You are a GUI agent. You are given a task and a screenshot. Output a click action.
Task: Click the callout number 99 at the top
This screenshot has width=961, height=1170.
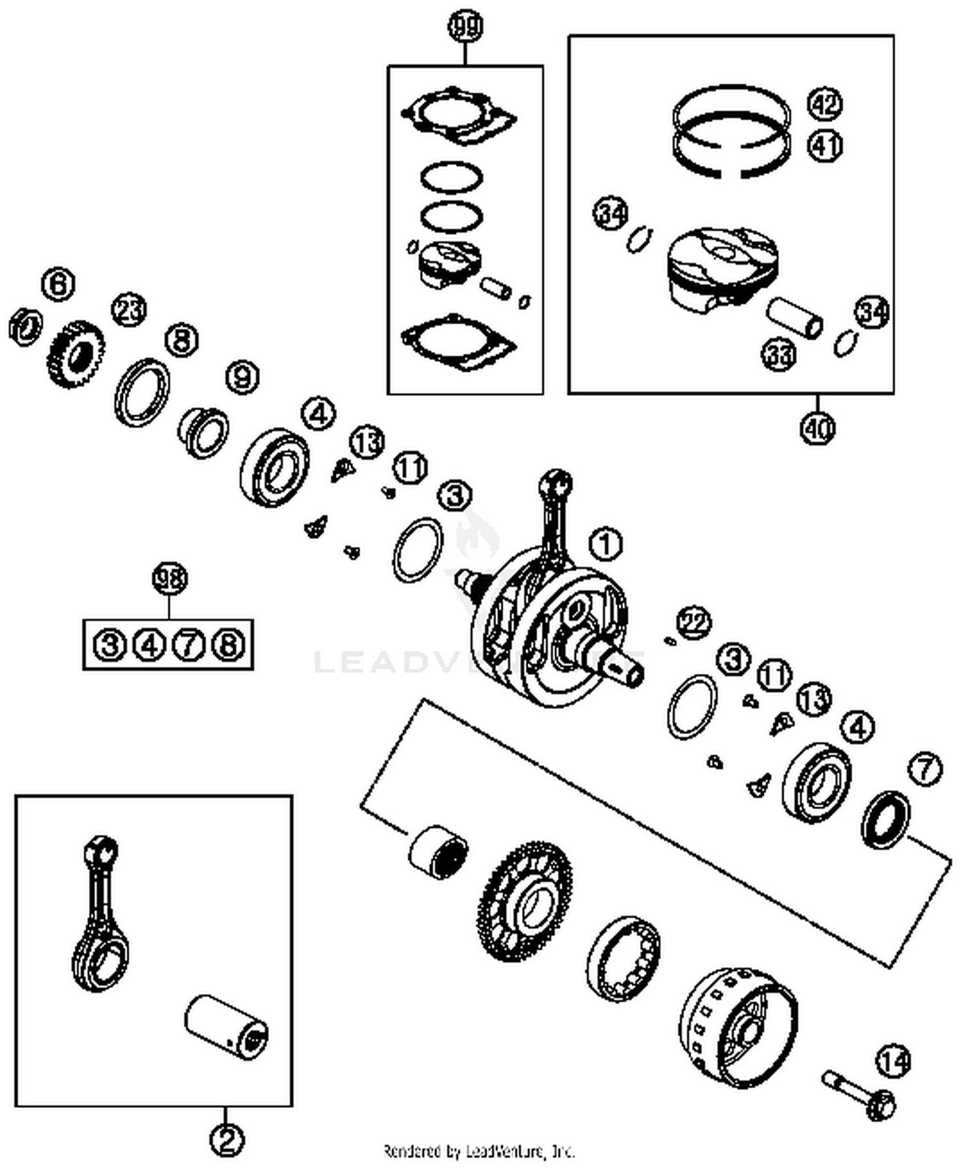point(464,28)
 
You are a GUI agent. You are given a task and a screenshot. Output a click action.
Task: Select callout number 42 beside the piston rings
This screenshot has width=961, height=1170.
point(825,104)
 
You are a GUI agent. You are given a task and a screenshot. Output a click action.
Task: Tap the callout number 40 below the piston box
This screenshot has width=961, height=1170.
point(817,428)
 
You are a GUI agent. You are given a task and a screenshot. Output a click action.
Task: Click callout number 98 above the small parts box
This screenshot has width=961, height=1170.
point(170,580)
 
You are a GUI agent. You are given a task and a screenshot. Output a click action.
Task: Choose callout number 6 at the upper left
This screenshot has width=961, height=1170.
point(58,284)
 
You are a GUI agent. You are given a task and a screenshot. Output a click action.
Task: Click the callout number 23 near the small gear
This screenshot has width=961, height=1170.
point(129,310)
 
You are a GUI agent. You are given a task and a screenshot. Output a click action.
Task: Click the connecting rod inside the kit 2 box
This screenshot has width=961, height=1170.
point(99,916)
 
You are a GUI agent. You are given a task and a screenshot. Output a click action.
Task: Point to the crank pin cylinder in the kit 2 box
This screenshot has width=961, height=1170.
point(226,1027)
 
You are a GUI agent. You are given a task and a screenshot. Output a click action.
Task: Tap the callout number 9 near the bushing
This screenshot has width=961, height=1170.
point(242,377)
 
